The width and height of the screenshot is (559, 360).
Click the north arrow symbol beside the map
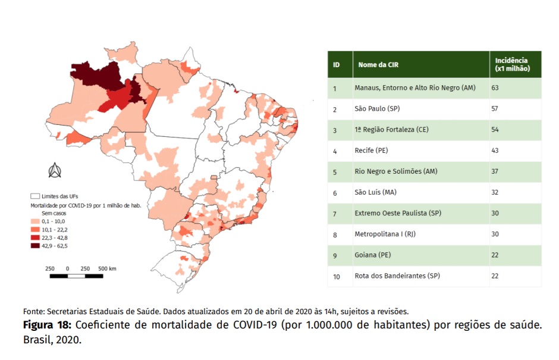[55, 170]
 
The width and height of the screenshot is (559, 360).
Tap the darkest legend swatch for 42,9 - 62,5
[35, 246]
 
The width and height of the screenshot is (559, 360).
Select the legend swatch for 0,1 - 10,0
[35, 221]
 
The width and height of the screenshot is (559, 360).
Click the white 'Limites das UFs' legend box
[35, 196]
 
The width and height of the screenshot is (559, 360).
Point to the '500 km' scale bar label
[107, 268]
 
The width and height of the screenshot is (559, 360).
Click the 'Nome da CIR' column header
[378, 65]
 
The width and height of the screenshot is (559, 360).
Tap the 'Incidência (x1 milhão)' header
[512, 65]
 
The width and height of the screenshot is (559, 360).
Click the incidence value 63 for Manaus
[495, 88]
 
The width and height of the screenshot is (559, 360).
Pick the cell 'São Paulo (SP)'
[377, 108]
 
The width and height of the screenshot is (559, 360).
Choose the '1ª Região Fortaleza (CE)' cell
[391, 130]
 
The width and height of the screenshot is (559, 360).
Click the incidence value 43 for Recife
[495, 150]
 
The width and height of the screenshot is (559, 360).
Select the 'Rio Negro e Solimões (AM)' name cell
[395, 171]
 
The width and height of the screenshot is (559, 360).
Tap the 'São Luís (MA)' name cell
[375, 192]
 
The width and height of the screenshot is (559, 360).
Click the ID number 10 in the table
[336, 277]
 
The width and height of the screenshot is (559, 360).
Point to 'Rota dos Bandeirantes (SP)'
[397, 276]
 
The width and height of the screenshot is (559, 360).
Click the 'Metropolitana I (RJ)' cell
[385, 234]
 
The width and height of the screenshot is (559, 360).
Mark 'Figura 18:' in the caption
[48, 325]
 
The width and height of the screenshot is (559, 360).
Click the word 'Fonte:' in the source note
[34, 311]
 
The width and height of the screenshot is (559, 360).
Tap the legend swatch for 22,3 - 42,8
[35, 237]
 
